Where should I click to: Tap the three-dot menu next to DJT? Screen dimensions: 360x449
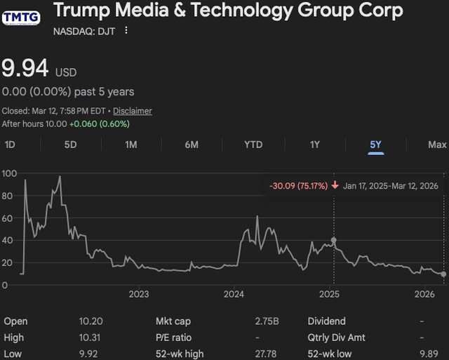[126, 31]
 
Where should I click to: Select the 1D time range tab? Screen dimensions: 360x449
[11, 145]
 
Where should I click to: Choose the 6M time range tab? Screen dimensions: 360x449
[192, 145]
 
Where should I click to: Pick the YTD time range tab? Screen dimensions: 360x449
[253, 145]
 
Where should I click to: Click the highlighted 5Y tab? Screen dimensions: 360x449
[376, 145]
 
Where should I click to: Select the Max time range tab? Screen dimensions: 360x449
[437, 145]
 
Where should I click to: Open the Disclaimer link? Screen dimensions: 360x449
[133, 111]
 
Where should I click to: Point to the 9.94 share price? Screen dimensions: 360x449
[25, 69]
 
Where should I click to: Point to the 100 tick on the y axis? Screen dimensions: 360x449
[9, 173]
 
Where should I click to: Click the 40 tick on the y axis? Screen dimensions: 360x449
[7, 240]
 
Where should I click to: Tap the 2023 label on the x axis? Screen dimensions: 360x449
[138, 293]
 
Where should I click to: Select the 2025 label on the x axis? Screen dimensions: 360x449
[329, 293]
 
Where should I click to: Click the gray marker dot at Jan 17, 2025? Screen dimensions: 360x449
[333, 240]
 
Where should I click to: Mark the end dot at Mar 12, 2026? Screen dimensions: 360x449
[443, 274]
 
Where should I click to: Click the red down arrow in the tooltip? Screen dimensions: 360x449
[335, 185]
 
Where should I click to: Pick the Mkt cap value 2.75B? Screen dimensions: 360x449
[267, 321]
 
